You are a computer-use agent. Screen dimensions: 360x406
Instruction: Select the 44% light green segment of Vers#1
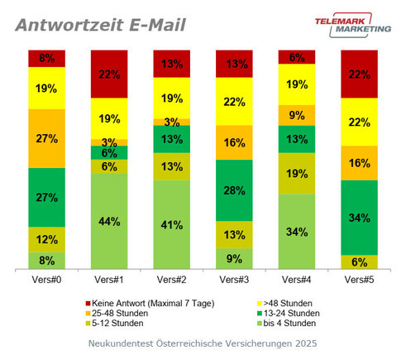(x=109, y=221)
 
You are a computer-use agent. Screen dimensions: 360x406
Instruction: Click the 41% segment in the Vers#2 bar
(x=172, y=224)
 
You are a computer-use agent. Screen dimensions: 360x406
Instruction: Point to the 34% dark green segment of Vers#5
(x=360, y=218)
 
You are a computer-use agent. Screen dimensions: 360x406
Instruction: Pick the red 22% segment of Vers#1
(x=109, y=74)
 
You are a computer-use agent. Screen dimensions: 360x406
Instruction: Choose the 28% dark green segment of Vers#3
(x=235, y=190)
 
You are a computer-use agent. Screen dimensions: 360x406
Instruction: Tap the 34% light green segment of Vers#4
(x=297, y=231)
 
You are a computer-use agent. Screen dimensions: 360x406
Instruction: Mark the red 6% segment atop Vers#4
(x=297, y=57)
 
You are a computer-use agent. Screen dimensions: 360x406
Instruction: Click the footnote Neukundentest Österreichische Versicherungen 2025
(x=203, y=342)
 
